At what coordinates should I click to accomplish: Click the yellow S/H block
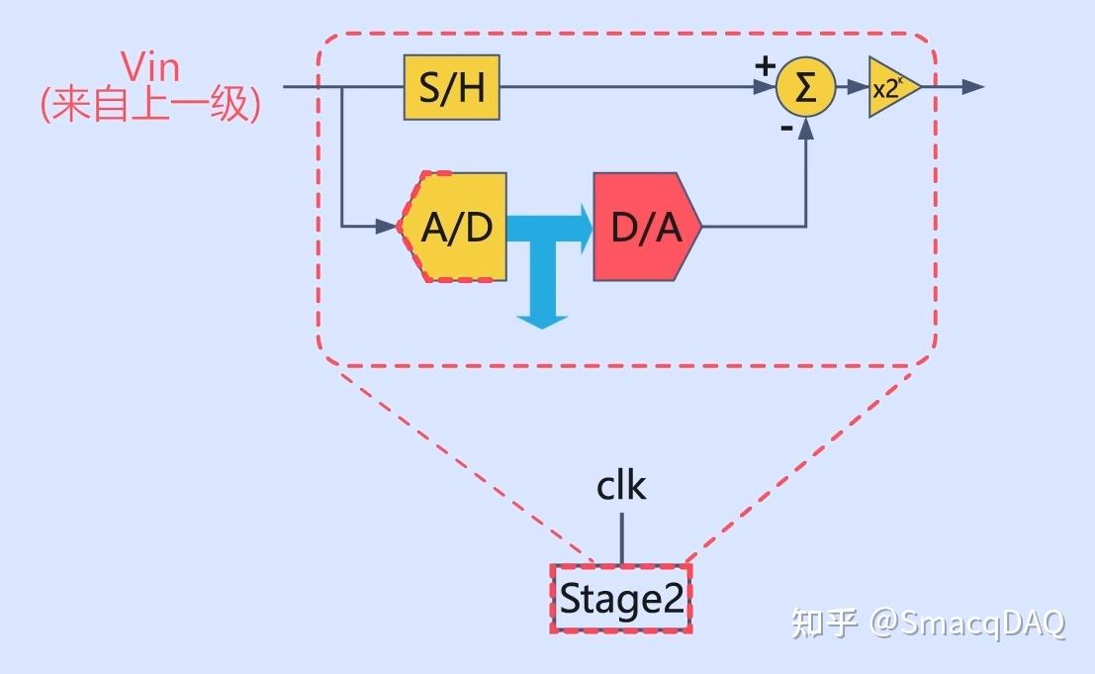(x=452, y=88)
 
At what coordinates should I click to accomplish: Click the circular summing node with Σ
(x=805, y=87)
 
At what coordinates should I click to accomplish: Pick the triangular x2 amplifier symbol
(x=890, y=87)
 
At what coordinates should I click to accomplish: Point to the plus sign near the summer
(x=765, y=65)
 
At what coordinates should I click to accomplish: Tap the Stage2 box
(x=621, y=599)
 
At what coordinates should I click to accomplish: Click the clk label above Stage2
(x=621, y=487)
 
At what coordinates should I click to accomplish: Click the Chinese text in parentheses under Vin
(x=150, y=105)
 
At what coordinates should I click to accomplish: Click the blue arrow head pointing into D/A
(x=583, y=227)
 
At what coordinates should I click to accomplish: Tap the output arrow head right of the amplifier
(x=973, y=87)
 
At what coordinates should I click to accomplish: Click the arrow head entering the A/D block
(x=387, y=227)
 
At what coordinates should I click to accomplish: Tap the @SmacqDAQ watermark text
(x=968, y=624)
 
